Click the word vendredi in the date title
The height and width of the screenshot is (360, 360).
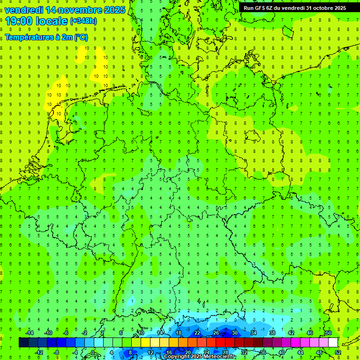point(24,10)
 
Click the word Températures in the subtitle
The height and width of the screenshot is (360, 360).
point(28,37)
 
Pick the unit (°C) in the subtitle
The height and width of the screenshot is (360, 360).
point(81,37)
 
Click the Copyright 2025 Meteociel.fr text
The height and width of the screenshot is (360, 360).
point(200,357)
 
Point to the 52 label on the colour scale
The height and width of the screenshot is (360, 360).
point(338,352)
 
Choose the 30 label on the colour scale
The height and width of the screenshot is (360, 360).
point(234,333)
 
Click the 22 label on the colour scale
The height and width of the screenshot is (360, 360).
point(197,333)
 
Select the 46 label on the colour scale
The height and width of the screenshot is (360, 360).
point(309,333)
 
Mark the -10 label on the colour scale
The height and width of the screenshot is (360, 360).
point(48,333)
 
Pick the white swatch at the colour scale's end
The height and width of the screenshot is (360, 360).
point(333,343)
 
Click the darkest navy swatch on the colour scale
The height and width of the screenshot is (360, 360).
point(23,343)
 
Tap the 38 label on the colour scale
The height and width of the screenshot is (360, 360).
point(272,333)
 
